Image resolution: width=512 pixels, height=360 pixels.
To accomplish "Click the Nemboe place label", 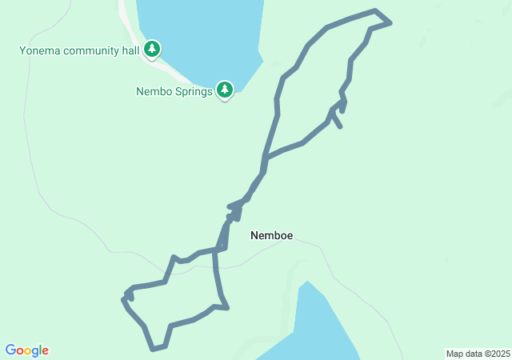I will click(271, 235).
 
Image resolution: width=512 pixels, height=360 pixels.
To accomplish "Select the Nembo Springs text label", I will click(174, 91).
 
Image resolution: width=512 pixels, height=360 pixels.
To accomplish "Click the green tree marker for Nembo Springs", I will click(225, 90).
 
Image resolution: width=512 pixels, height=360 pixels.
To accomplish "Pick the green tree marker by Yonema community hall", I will click(152, 50).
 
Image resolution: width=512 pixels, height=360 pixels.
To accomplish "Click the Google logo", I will click(27, 350).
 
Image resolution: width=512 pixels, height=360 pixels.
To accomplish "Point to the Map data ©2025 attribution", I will click(478, 354).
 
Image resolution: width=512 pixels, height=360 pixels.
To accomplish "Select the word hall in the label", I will click(130, 51).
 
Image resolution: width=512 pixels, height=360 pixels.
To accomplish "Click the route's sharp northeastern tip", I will click(390, 22).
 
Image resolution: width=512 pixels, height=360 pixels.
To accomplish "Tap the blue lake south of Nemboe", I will click(320, 328).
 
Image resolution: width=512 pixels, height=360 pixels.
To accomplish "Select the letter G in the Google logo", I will click(10, 350).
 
